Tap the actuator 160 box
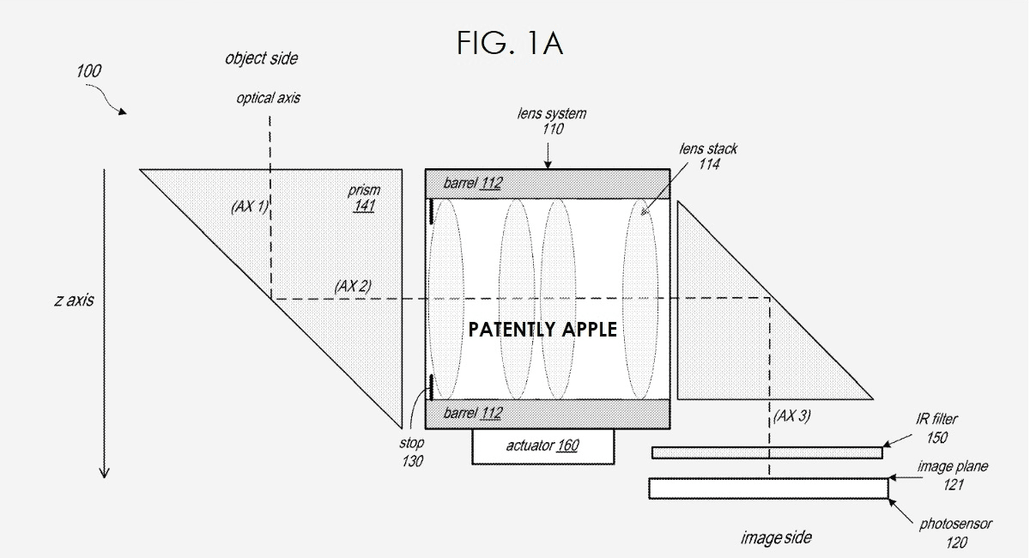[542, 446]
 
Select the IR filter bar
[766, 452]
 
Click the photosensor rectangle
[768, 488]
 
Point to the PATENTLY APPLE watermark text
[542, 330]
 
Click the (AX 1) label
[250, 207]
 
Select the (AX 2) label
[352, 286]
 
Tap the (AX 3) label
[791, 416]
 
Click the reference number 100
[88, 71]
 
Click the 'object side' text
[262, 59]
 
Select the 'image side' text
[775, 538]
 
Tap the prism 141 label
[364, 198]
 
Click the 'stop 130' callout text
[411, 452]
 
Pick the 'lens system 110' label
[553, 121]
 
